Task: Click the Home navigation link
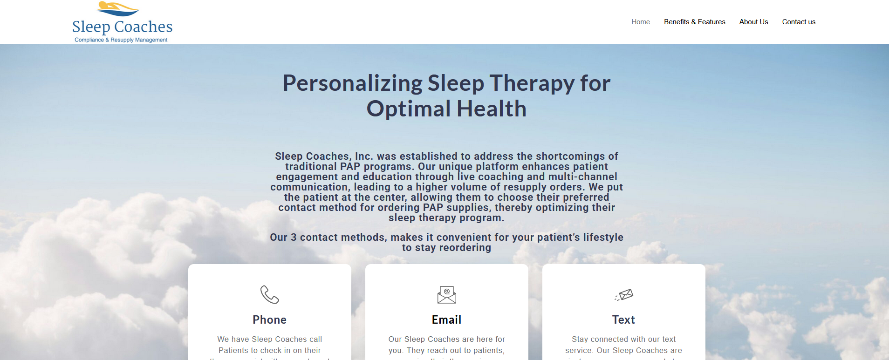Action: (x=640, y=22)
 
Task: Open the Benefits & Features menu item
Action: (x=694, y=22)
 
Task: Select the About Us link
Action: (x=753, y=22)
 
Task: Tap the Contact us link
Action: (x=799, y=22)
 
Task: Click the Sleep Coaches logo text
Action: (x=122, y=27)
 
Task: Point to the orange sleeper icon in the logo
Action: (x=117, y=8)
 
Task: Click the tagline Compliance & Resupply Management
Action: (x=121, y=40)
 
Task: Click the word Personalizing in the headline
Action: (x=352, y=83)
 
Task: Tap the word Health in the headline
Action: (x=492, y=109)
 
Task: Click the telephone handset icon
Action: (x=269, y=294)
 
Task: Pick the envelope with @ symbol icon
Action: (x=446, y=294)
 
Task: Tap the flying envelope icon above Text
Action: (x=624, y=294)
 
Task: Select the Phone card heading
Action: (x=269, y=319)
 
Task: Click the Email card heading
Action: (x=446, y=319)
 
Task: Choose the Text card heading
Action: (x=623, y=319)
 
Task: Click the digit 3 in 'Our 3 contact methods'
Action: (x=294, y=238)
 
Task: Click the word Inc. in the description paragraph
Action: (x=364, y=156)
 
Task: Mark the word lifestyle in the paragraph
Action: (x=603, y=238)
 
